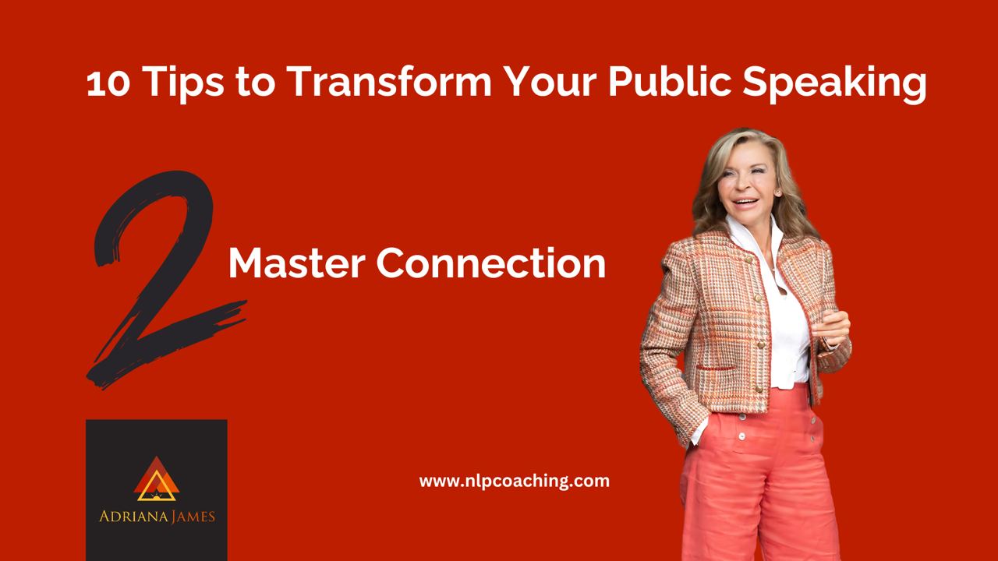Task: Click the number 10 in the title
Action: pyautogui.click(x=108, y=83)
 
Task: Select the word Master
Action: pyautogui.click(x=297, y=263)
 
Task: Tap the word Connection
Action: pyautogui.click(x=490, y=263)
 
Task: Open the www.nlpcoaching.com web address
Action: pyautogui.click(x=514, y=482)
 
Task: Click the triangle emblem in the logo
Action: pyautogui.click(x=157, y=479)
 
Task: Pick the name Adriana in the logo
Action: pyautogui.click(x=133, y=517)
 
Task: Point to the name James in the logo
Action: pyautogui.click(x=193, y=517)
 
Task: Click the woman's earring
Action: pyautogui.click(x=778, y=192)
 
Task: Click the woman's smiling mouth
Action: pyautogui.click(x=746, y=203)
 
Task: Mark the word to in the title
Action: pyautogui.click(x=256, y=83)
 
